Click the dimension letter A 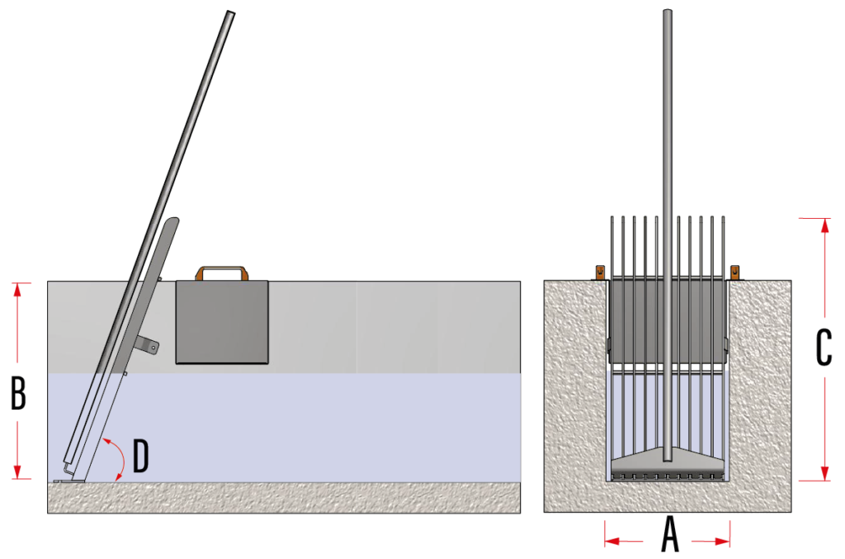click(x=670, y=533)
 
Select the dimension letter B click(x=18, y=393)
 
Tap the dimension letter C click(x=824, y=348)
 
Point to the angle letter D click(x=140, y=456)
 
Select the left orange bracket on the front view click(x=600, y=272)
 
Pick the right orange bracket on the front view click(x=734, y=272)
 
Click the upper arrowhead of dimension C click(x=824, y=225)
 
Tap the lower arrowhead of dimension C click(x=824, y=473)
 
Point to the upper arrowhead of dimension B click(x=18, y=290)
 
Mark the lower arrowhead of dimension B click(x=18, y=471)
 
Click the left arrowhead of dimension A click(x=612, y=541)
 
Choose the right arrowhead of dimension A click(x=723, y=541)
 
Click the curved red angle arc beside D click(x=124, y=459)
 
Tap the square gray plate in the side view click(x=222, y=322)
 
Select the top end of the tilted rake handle click(x=231, y=12)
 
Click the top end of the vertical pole click(x=667, y=10)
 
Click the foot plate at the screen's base click(x=69, y=481)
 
